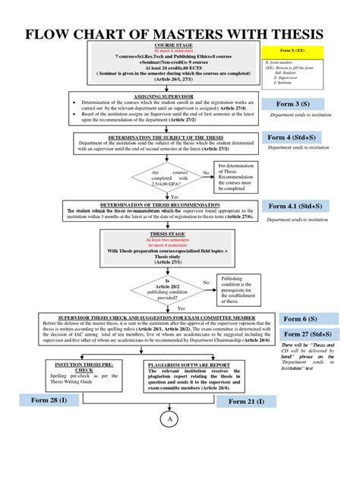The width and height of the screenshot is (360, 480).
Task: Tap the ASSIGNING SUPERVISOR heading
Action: tap(163, 98)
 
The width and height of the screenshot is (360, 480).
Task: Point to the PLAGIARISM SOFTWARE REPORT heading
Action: tap(187, 365)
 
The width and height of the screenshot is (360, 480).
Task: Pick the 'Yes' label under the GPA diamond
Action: tap(174, 196)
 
